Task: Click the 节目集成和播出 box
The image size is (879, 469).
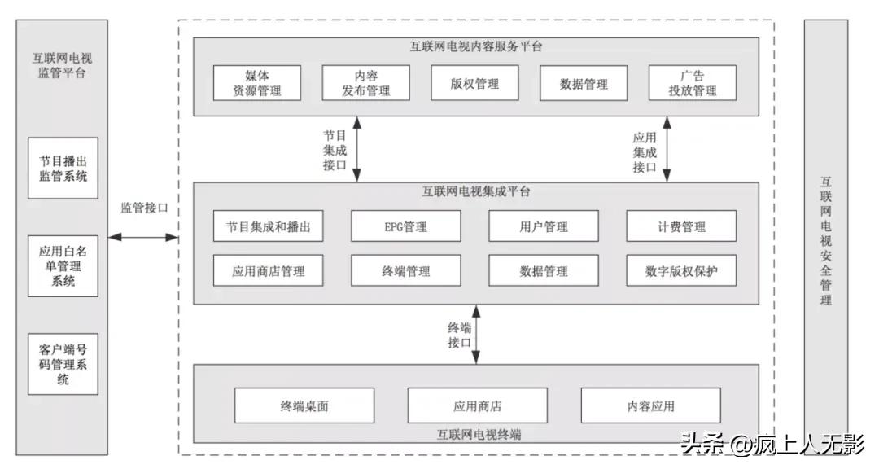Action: [x=269, y=226]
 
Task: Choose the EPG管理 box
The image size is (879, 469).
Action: [x=405, y=226]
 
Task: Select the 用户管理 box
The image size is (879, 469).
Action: [x=544, y=226]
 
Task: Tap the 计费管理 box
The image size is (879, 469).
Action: [x=681, y=226]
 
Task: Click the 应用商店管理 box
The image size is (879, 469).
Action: [x=269, y=271]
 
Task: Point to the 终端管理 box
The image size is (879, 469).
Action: [x=405, y=271]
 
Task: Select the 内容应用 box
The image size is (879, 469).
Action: [x=650, y=405]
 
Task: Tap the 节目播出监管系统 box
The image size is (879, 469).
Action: [x=63, y=168]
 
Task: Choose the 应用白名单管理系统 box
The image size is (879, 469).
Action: [x=63, y=266]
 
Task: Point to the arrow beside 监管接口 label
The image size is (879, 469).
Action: [x=143, y=237]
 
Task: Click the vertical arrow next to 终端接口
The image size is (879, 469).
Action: [x=476, y=335]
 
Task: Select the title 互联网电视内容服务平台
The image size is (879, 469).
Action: [x=476, y=46]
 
